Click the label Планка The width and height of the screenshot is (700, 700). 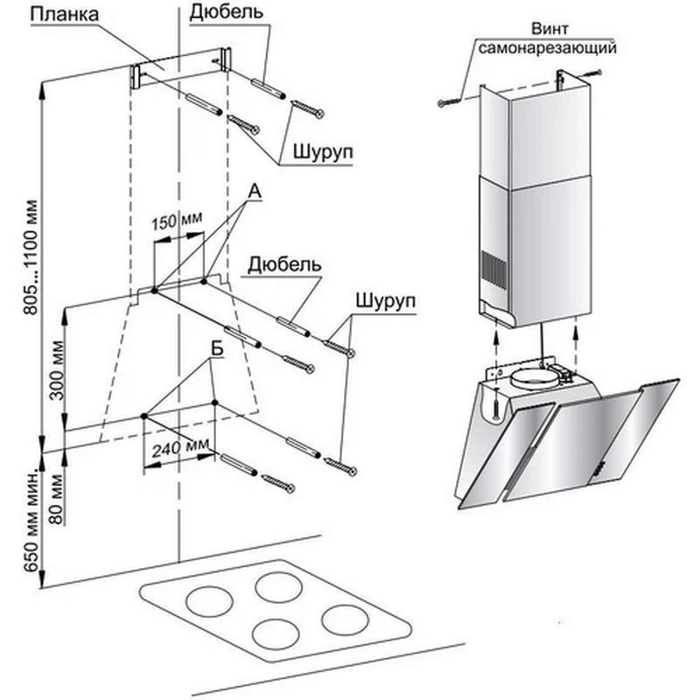click(x=65, y=14)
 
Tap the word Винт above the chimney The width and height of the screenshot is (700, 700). click(x=549, y=29)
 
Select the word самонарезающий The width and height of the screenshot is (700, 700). click(x=548, y=47)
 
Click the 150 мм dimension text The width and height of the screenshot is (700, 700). click(x=177, y=220)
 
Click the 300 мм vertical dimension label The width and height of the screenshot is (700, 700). click(x=57, y=370)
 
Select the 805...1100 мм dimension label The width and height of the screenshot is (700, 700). click(x=32, y=257)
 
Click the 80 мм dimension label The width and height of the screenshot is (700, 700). click(x=57, y=499)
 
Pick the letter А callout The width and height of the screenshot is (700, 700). click(x=254, y=192)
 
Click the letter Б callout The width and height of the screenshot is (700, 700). click(x=217, y=349)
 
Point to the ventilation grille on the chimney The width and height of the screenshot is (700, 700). click(x=493, y=269)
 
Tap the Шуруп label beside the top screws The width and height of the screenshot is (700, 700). click(x=323, y=151)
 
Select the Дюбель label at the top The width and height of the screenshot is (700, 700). click(x=227, y=12)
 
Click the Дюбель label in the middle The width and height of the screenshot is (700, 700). click(x=284, y=264)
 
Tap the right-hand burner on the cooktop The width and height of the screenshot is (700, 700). click(x=345, y=619)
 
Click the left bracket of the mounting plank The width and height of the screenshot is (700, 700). click(x=136, y=76)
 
